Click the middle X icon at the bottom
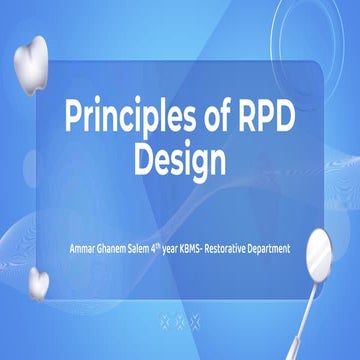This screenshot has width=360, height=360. tap(180, 321)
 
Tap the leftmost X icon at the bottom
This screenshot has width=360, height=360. tap(165, 321)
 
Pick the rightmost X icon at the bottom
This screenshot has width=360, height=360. tap(195, 321)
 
